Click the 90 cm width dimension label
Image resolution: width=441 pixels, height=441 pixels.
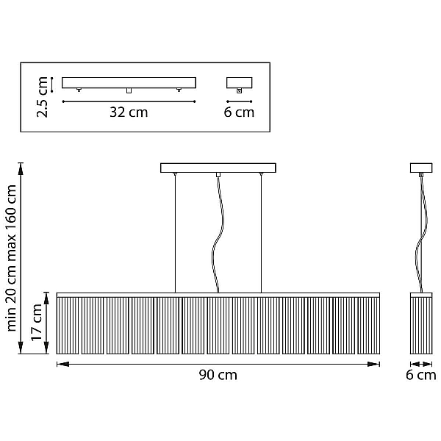pos(218,375)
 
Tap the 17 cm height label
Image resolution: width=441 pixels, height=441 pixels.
pos(37,323)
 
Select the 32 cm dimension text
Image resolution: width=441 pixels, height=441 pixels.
pos(129,112)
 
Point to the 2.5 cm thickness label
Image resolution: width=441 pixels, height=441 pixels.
pos(42,97)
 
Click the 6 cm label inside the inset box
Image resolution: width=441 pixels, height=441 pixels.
pos(239,112)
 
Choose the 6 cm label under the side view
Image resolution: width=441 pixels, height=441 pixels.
pos(421,375)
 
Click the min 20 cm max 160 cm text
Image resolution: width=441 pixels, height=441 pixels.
pos(11,258)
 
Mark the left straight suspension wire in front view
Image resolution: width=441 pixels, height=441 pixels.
pos(175,234)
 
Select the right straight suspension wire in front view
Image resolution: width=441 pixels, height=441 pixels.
pos(261,234)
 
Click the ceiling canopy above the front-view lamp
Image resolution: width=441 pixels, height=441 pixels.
pos(218,168)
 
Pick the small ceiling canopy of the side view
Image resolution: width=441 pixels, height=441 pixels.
pos(421,168)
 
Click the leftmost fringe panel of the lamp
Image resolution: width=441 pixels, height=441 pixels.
pos(68,326)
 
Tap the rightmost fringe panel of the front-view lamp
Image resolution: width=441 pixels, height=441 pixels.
pos(369,326)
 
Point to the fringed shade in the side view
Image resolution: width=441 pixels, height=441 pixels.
pos(421,323)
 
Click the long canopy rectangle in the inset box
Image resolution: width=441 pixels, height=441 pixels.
pos(129,82)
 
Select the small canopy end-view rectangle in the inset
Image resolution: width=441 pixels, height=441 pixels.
pos(240,82)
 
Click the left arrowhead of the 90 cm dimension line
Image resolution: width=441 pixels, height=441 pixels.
pos(62,365)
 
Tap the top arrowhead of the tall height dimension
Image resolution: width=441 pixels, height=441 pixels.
pos(21,169)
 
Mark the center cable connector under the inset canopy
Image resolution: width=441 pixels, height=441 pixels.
pos(129,90)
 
